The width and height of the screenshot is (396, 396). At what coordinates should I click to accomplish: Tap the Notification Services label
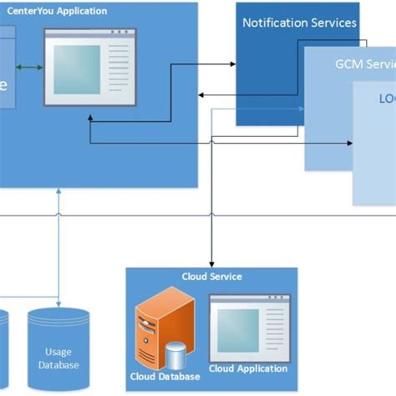click(x=299, y=23)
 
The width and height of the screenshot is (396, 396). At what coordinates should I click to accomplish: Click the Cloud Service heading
click(x=212, y=277)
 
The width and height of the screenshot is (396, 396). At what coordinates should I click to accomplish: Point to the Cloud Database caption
click(x=165, y=376)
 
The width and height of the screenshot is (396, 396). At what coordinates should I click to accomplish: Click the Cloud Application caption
click(x=248, y=368)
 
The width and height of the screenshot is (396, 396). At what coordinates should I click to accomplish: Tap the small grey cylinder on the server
click(x=175, y=355)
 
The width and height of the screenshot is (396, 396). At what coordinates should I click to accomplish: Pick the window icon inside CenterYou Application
click(x=89, y=68)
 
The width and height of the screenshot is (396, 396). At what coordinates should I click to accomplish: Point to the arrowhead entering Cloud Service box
click(x=212, y=263)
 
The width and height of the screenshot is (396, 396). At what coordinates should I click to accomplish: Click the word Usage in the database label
click(x=58, y=353)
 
